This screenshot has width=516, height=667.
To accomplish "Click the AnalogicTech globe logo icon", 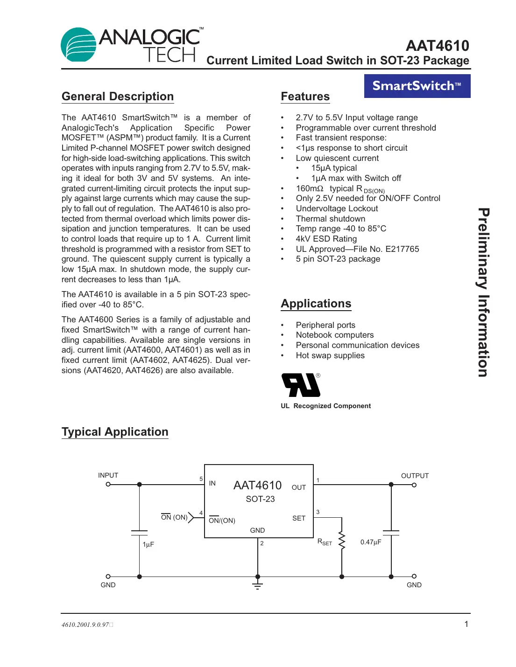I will [78, 45].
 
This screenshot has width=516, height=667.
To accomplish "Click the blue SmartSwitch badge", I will [417, 86].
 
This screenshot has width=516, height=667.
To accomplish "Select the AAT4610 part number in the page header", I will [437, 46].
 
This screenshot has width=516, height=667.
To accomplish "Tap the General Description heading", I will [118, 97].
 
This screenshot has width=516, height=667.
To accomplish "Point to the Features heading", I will [305, 97].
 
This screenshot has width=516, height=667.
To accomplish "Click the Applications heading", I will [316, 304].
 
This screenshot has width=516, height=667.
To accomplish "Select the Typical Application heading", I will [115, 432].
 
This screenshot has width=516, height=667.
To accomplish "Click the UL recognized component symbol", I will [301, 385].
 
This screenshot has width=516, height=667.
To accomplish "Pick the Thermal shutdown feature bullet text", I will [330, 219].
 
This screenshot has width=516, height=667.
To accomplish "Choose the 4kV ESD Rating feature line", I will [326, 239].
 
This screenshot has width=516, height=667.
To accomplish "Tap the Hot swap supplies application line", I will [330, 355].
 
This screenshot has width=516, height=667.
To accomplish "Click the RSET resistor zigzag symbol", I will [342, 541].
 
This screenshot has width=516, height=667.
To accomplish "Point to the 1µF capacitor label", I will [148, 544].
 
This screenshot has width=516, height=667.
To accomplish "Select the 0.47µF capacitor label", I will [371, 542].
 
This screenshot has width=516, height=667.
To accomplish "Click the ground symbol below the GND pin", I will [257, 585].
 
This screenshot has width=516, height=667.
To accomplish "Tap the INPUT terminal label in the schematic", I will [108, 475].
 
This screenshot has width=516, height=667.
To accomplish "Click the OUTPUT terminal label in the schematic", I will [415, 476].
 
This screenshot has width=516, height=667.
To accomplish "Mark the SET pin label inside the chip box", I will [299, 518].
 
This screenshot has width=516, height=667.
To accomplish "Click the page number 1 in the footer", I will [466, 624].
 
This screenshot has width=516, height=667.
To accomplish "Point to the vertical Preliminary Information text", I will [483, 292].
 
